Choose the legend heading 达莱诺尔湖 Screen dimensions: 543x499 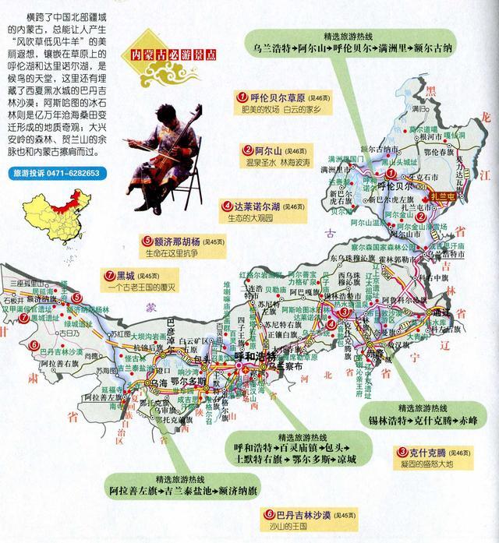[x=261, y=206]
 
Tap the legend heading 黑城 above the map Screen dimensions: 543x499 [x=126, y=275]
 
